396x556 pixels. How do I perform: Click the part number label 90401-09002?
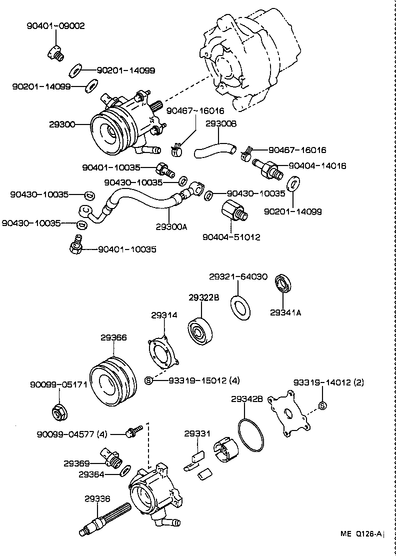coord(55,25)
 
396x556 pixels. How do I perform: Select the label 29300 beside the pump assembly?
coord(61,124)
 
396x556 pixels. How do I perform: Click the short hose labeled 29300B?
coord(214,148)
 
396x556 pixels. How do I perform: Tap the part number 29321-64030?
coord(238,276)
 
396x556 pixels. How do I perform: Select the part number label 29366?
coord(113,337)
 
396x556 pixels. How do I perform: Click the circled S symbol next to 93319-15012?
coord(148,380)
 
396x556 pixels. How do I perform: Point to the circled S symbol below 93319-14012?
coord(322,405)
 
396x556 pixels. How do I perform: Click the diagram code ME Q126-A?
coord(362,534)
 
